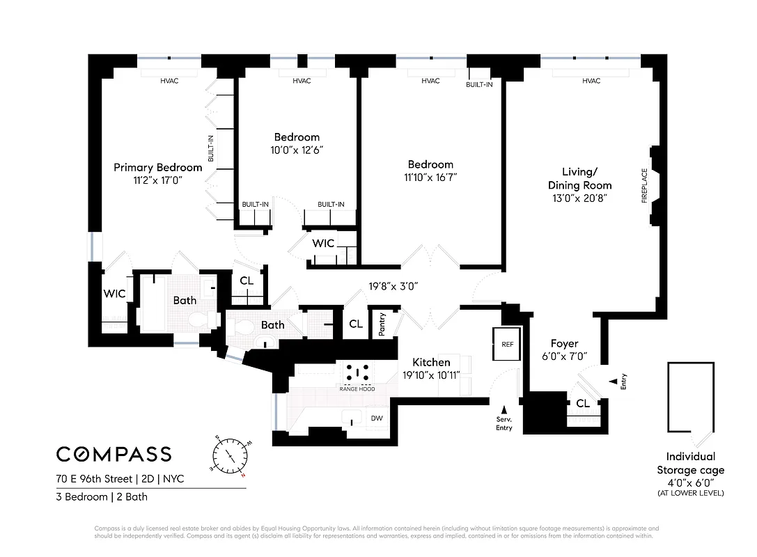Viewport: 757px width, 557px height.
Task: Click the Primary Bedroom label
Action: point(158,167)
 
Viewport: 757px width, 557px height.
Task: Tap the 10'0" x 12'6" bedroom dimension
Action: point(297,150)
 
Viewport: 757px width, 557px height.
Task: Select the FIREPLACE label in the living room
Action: point(644,185)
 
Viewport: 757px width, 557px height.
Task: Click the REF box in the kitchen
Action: point(507,344)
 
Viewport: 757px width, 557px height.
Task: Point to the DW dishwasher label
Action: point(377,418)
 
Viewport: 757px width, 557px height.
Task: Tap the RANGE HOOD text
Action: point(357,389)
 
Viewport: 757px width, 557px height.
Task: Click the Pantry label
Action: point(382,324)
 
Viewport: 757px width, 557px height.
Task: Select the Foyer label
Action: point(564,343)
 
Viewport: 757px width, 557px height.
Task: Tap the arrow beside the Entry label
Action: point(612,381)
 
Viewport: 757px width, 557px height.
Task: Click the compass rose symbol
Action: point(231,456)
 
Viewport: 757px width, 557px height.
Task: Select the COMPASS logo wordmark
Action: point(114,455)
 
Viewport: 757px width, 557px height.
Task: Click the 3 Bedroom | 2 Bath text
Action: point(102,497)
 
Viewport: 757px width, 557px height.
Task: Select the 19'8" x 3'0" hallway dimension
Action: point(393,285)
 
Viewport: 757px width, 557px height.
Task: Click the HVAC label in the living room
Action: point(591,81)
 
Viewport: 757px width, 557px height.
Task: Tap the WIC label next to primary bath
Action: point(114,294)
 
